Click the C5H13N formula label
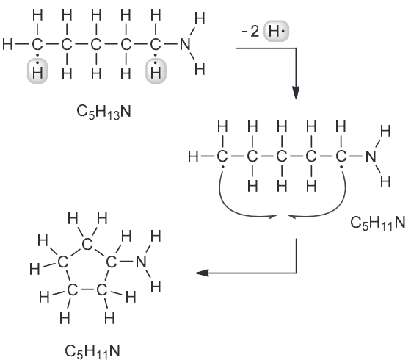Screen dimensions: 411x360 tap(103, 112)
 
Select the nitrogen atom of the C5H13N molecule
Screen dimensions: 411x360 tap(185, 44)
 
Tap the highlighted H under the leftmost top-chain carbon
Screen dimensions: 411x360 tap(37, 71)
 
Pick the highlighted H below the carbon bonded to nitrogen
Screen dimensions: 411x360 tap(156, 71)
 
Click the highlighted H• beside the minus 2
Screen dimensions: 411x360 tap(276, 31)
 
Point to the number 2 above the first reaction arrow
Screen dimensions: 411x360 tap(255, 32)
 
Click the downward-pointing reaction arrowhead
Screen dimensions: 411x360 tap(296, 93)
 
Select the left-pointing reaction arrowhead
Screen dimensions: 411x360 tap(203, 273)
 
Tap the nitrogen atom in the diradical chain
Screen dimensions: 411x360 tap(371, 156)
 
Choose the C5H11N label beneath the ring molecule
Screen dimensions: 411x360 tap(92, 351)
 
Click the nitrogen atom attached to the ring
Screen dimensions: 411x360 tap(141, 262)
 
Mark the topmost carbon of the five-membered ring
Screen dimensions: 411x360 tap(87, 245)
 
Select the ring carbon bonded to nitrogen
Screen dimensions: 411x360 tap(112, 262)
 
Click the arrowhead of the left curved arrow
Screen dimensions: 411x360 tap(274, 216)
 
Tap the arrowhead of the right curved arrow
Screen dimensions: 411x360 tap(291, 216)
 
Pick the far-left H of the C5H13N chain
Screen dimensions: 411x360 tap(7, 44)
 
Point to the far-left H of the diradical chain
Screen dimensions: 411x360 tap(193, 157)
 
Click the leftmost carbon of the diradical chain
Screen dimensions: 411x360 tap(222, 156)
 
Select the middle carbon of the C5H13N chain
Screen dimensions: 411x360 tap(96, 44)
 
